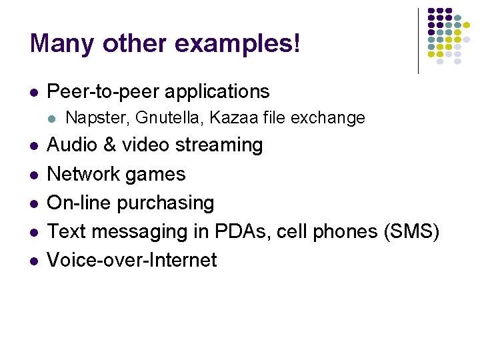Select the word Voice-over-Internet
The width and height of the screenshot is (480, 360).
tap(132, 260)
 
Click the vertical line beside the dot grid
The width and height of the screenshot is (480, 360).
tap(418, 40)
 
